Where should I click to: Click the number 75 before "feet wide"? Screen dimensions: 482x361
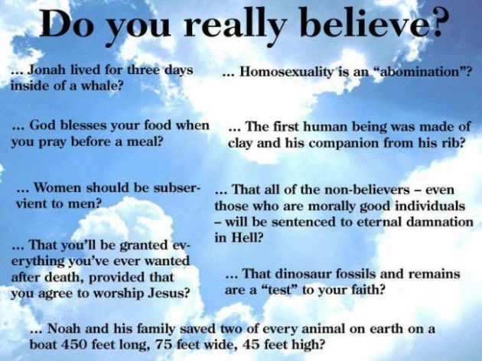(x=163, y=344)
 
